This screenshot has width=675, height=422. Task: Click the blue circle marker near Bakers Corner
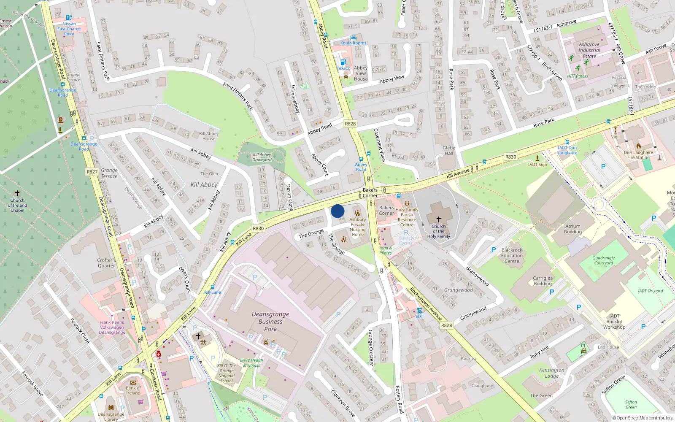[337, 211]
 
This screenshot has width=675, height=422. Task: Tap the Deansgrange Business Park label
[270, 322]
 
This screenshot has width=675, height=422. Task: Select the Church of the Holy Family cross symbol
[439, 219]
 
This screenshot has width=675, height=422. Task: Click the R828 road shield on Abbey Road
[350, 124]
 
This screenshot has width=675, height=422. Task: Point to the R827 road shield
[92, 172]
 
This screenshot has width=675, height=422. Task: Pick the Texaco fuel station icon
[343, 62]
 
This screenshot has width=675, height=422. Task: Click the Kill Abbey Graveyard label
[262, 157]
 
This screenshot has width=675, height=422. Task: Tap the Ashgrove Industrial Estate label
[589, 50]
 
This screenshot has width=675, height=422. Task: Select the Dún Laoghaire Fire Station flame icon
[638, 146]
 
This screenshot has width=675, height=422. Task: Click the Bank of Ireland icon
[133, 383]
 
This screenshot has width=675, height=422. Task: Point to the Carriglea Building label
[543, 281]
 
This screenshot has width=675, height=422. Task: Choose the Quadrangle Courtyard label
[603, 260]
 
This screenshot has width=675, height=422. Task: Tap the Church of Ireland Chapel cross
[17, 193]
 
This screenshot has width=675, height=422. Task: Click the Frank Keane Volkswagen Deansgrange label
[112, 327]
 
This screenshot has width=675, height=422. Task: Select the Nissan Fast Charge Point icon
[69, 18]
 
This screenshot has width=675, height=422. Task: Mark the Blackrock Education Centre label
[512, 255]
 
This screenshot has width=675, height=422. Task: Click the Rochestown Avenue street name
[426, 304]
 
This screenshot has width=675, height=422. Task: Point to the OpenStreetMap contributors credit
[643, 418]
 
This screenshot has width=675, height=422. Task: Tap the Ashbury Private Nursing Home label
[358, 227]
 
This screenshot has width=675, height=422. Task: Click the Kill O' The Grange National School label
[227, 373]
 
